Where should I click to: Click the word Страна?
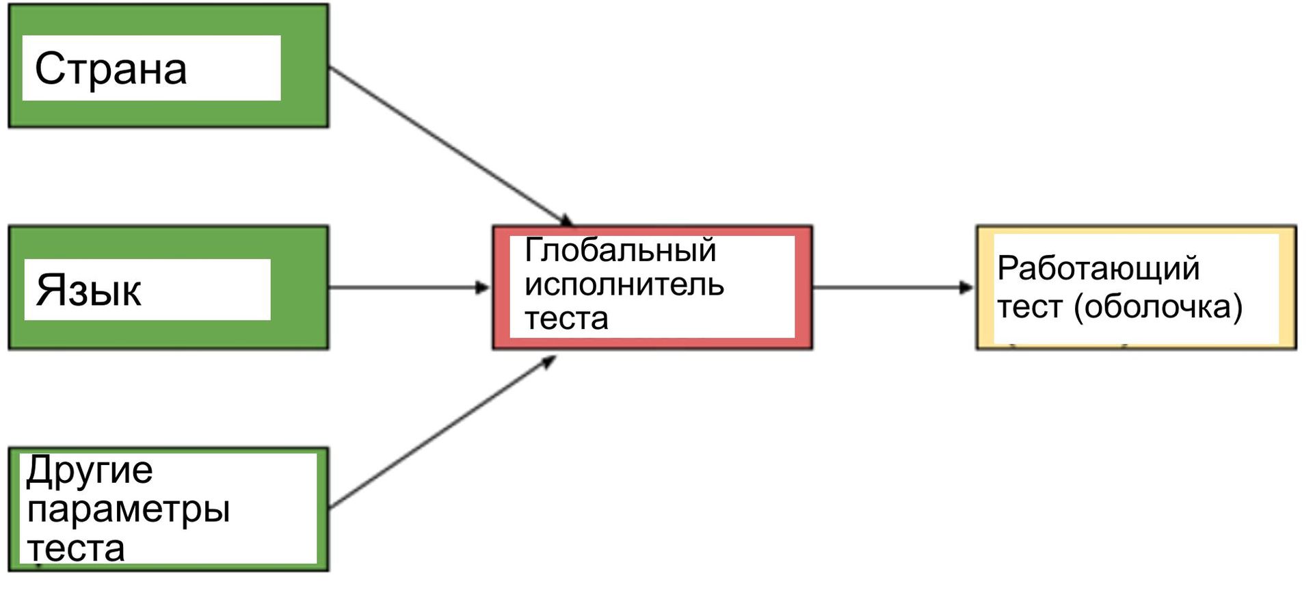click(x=111, y=69)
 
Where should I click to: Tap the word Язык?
click(x=89, y=290)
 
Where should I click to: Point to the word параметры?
click(x=129, y=510)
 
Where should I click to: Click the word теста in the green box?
click(x=76, y=548)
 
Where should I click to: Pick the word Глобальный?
click(x=620, y=250)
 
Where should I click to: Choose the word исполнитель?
click(x=624, y=284)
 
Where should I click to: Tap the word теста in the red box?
click(x=566, y=319)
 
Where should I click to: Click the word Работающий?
click(x=1098, y=269)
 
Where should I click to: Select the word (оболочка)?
click(x=1158, y=307)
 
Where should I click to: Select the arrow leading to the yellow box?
click(x=889, y=287)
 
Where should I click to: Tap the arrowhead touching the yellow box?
click(x=966, y=287)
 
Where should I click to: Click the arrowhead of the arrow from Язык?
click(x=483, y=287)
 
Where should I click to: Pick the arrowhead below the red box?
click(x=549, y=362)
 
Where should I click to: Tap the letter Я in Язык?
click(x=50, y=290)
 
